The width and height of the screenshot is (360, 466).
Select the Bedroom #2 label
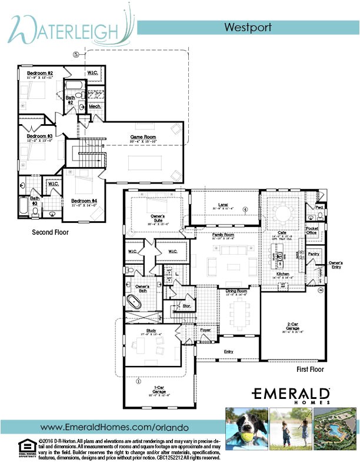(40, 74)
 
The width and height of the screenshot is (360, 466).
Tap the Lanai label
(223, 205)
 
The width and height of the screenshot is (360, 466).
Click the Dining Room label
(236, 291)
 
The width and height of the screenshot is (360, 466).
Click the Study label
(144, 331)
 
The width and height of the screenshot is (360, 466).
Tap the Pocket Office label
(312, 231)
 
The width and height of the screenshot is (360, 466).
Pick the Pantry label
(313, 254)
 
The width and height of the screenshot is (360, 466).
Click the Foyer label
(205, 331)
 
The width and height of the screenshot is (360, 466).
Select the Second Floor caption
(50, 232)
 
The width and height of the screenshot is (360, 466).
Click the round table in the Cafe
(282, 213)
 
